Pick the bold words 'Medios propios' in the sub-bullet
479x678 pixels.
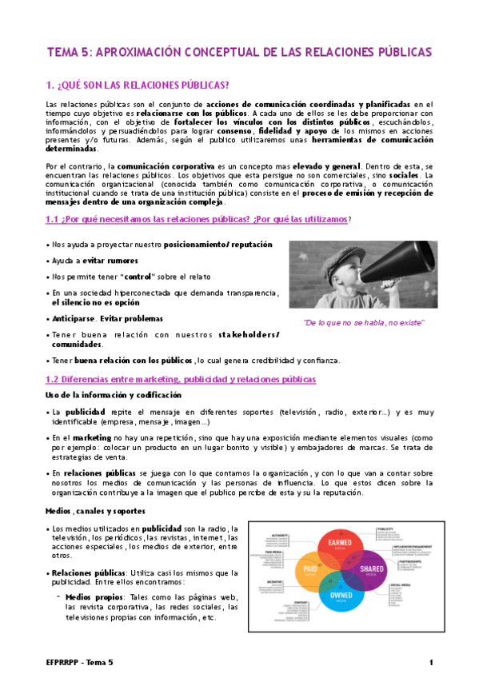tap(88, 597)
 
